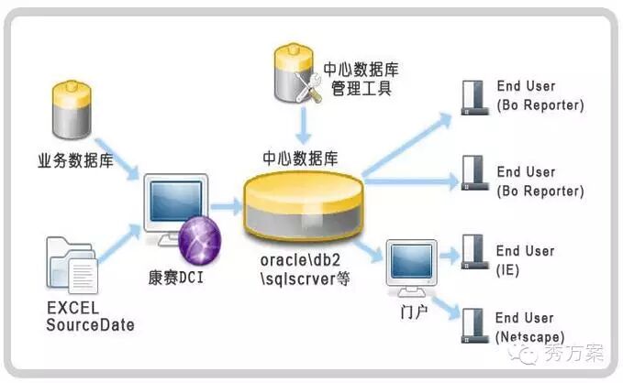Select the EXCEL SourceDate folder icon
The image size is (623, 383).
click(x=71, y=264)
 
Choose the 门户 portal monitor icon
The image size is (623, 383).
click(x=410, y=266)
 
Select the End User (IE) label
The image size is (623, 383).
click(x=526, y=259)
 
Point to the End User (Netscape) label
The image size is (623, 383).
click(x=530, y=327)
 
